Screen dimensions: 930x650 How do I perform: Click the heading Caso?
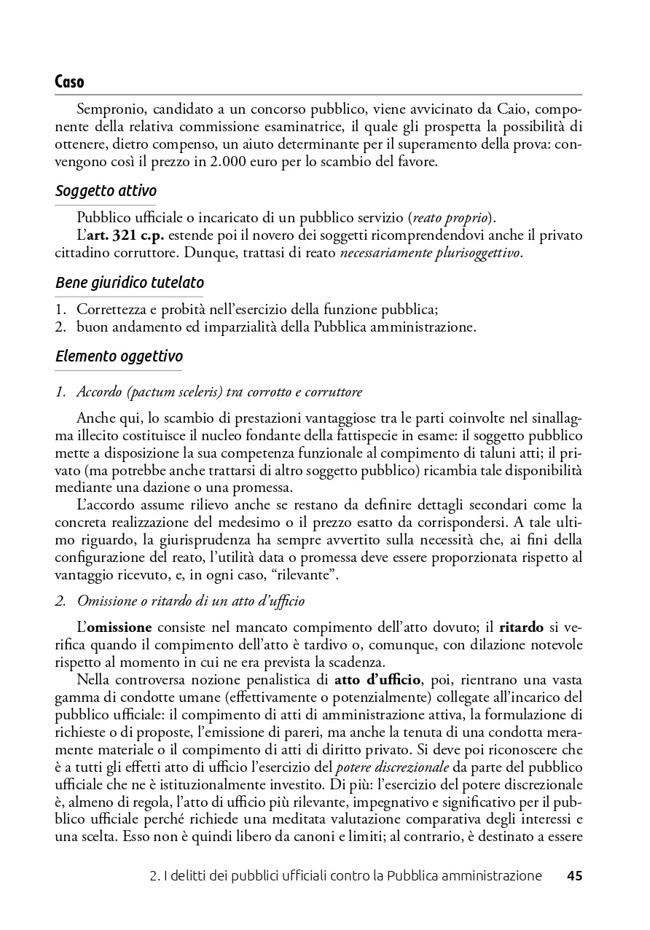[70, 82]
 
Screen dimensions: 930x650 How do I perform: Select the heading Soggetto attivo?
[106, 192]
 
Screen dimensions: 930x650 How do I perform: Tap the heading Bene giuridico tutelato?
[130, 282]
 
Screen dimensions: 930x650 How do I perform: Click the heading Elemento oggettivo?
[119, 356]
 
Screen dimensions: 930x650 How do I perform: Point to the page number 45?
[574, 876]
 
